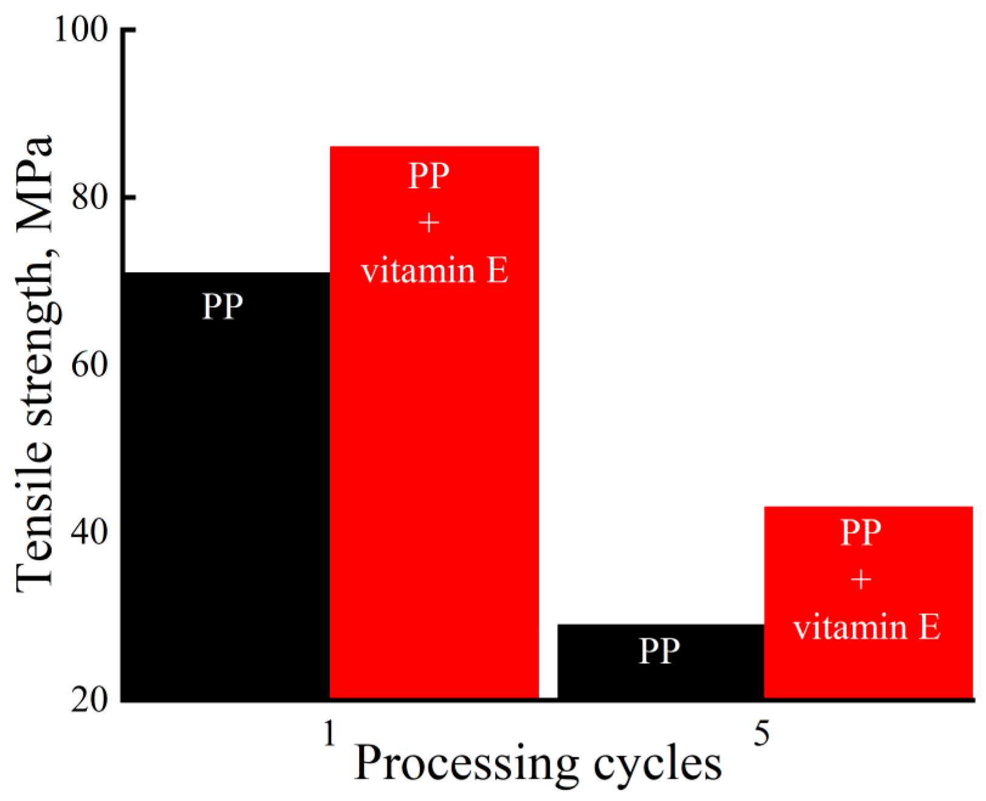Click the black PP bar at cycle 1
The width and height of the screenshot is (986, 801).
point(226,486)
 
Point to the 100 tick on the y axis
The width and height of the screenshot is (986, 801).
point(81,29)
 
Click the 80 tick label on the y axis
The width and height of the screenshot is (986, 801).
point(89,197)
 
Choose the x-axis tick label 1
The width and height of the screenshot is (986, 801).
point(329,734)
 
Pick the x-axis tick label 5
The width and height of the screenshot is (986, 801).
point(762,734)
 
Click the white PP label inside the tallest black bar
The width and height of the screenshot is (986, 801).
point(222,306)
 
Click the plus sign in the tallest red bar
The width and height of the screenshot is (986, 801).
point(429,223)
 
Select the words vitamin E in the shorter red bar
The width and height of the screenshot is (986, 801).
point(867,627)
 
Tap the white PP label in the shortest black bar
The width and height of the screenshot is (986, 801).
point(659,651)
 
